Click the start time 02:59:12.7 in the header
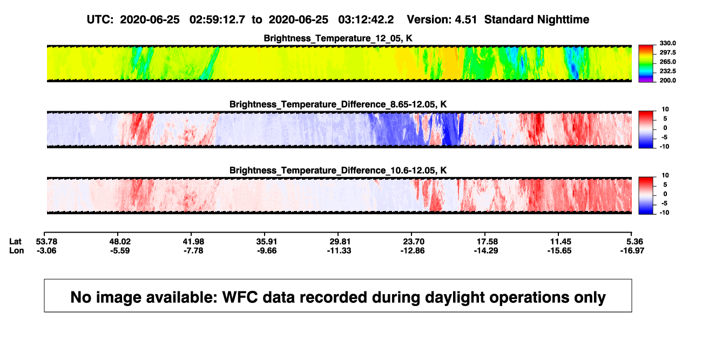217,19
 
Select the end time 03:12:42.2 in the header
366,19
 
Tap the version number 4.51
465,19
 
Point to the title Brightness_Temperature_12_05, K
338,38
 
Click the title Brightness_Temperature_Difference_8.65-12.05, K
338,104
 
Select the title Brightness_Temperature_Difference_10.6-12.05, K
338,171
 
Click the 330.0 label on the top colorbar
667,43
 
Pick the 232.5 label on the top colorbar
667,71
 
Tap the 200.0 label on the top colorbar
667,80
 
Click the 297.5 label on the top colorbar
667,52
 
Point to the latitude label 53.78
46,242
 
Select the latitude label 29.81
340,242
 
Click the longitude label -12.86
413,250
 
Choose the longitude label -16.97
632,250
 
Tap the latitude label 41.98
193,242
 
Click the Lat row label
15,242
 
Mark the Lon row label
17,250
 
